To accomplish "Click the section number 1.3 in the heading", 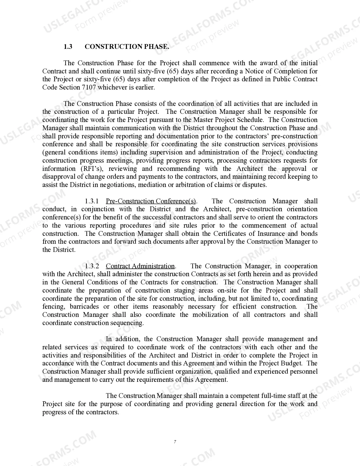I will point(68,47).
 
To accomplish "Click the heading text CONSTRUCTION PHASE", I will point(127,47).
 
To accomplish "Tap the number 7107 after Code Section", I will point(89,87).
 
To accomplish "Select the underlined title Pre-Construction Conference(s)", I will point(151,201).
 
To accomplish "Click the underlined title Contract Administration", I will point(140,266).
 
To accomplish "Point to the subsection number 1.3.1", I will point(91,201).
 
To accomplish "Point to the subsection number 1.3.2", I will point(91,266).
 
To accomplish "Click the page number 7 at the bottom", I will point(175,442).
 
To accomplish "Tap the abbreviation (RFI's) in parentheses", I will point(91,169).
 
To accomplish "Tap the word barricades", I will point(84,306).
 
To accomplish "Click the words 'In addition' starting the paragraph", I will point(123,339).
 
